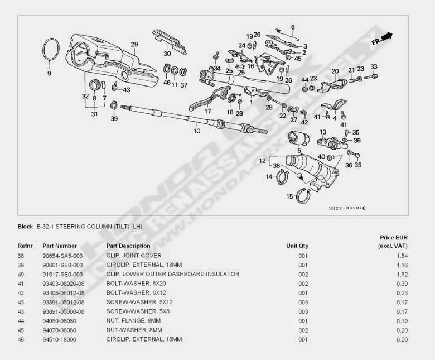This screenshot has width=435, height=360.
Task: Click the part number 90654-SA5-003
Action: click(x=62, y=255)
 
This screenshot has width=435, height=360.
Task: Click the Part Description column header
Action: click(x=128, y=246)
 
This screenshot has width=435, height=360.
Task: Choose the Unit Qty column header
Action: click(x=297, y=246)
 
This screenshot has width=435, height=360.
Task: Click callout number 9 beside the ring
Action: click(x=49, y=74)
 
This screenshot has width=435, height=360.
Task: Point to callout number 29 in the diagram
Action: click(x=134, y=44)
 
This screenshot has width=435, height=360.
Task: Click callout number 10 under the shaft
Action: click(x=196, y=132)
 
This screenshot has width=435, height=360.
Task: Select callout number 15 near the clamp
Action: click(x=289, y=196)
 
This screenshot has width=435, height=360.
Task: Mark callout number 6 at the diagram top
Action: click(x=293, y=27)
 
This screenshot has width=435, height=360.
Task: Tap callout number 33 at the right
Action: click(x=374, y=66)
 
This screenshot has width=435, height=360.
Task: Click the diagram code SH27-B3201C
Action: click(x=347, y=209)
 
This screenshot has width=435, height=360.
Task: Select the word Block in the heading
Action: click(x=25, y=227)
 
